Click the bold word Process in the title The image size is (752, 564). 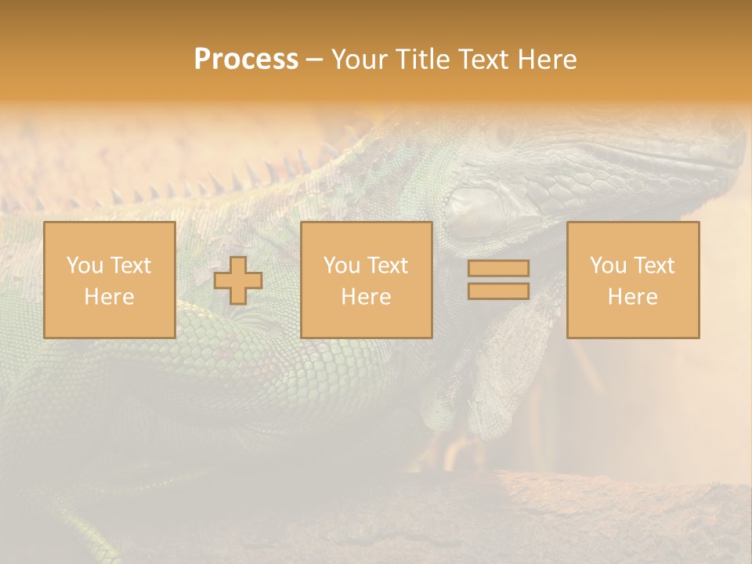[x=246, y=60]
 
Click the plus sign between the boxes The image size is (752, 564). [x=238, y=280]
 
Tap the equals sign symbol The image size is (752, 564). [x=498, y=280]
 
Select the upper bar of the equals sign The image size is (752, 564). [x=498, y=269]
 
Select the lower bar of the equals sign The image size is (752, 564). [x=498, y=291]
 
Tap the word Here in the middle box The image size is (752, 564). [x=367, y=297]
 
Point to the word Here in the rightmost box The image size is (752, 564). [x=633, y=297]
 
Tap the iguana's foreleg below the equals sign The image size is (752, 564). [x=501, y=368]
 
